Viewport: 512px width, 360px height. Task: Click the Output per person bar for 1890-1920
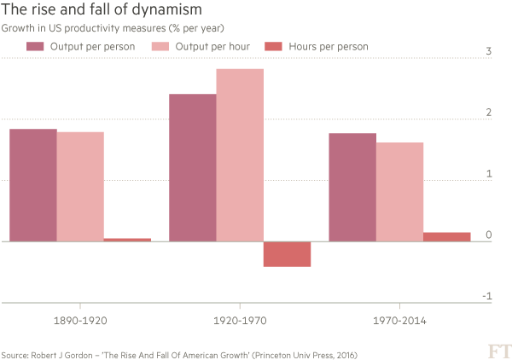[32, 185]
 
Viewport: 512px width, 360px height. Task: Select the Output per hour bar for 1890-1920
[80, 186]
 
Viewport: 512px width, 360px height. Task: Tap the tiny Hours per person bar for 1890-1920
[127, 240]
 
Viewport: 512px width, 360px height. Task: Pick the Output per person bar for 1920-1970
[192, 167]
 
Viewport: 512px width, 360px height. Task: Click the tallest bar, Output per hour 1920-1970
[240, 154]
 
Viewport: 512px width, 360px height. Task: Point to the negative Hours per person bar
[287, 254]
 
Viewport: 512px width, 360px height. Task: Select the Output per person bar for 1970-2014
[352, 187]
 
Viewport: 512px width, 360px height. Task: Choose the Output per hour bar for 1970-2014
[399, 192]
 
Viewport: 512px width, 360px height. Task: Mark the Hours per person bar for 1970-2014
[447, 236]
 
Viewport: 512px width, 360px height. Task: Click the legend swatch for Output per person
[35, 46]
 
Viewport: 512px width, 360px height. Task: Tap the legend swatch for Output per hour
[160, 46]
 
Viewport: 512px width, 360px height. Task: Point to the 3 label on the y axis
[489, 52]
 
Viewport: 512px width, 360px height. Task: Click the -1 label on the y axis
[487, 296]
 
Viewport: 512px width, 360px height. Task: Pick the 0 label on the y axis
[489, 235]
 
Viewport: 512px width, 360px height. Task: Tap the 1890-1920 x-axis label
[79, 322]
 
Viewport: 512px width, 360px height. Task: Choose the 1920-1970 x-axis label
[240, 322]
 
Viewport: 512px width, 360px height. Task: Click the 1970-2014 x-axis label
[399, 322]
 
